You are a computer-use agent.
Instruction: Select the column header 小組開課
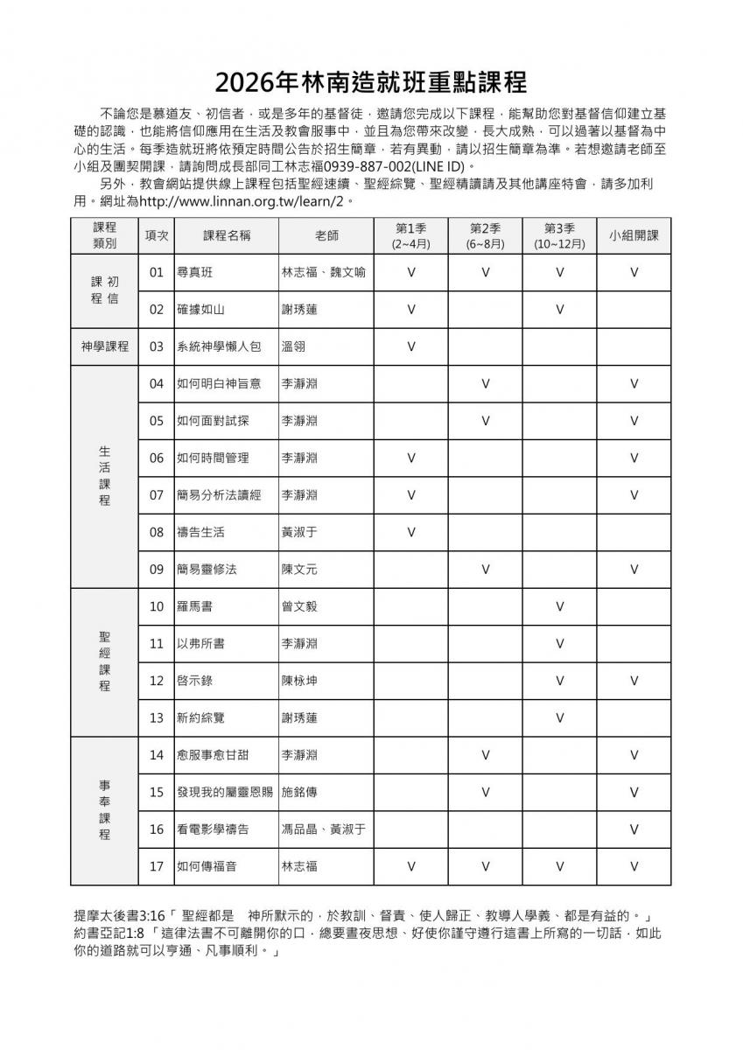[x=634, y=235]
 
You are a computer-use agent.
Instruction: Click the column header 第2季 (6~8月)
[x=485, y=235]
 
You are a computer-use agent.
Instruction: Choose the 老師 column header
[x=326, y=235]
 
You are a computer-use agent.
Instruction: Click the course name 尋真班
[x=194, y=272]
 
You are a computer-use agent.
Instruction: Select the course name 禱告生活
[x=200, y=532]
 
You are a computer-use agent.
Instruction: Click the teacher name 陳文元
[x=298, y=570]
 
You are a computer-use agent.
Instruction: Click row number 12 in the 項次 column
[x=157, y=681]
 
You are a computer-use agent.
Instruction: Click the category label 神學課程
[x=104, y=346]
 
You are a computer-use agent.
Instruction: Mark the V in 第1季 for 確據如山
[x=410, y=309]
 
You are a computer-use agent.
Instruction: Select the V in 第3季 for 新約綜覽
[x=559, y=717]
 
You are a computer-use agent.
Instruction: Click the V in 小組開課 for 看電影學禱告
[x=634, y=829]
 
